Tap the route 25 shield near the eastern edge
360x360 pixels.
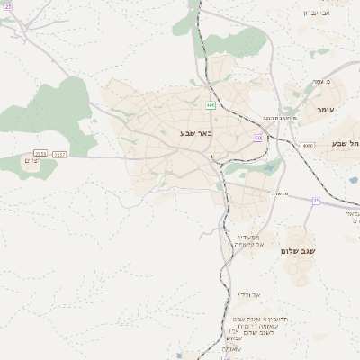pyautogui.click(x=316, y=201)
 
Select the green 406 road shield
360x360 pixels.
pyautogui.click(x=211, y=105)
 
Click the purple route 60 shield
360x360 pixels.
pyautogui.click(x=257, y=138)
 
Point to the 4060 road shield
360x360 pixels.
pyautogui.click(x=308, y=145)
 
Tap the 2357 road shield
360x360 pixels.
pyautogui.click(x=59, y=155)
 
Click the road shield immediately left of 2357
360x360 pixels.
pyautogui.click(x=40, y=155)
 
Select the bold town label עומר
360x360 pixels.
pyautogui.click(x=324, y=109)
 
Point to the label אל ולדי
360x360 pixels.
pyautogui.click(x=248, y=294)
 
